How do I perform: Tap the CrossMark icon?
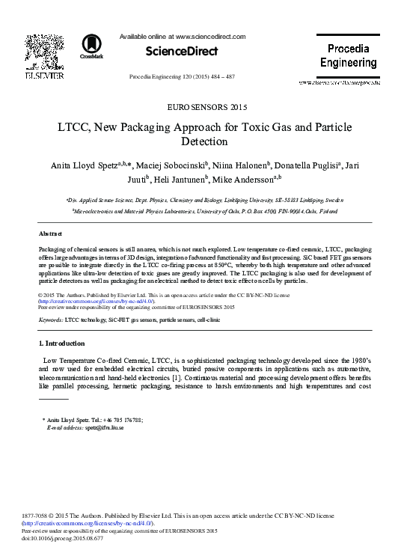tap(91, 46)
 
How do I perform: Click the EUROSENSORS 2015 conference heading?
tap(203, 107)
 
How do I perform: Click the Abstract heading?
tap(49, 234)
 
